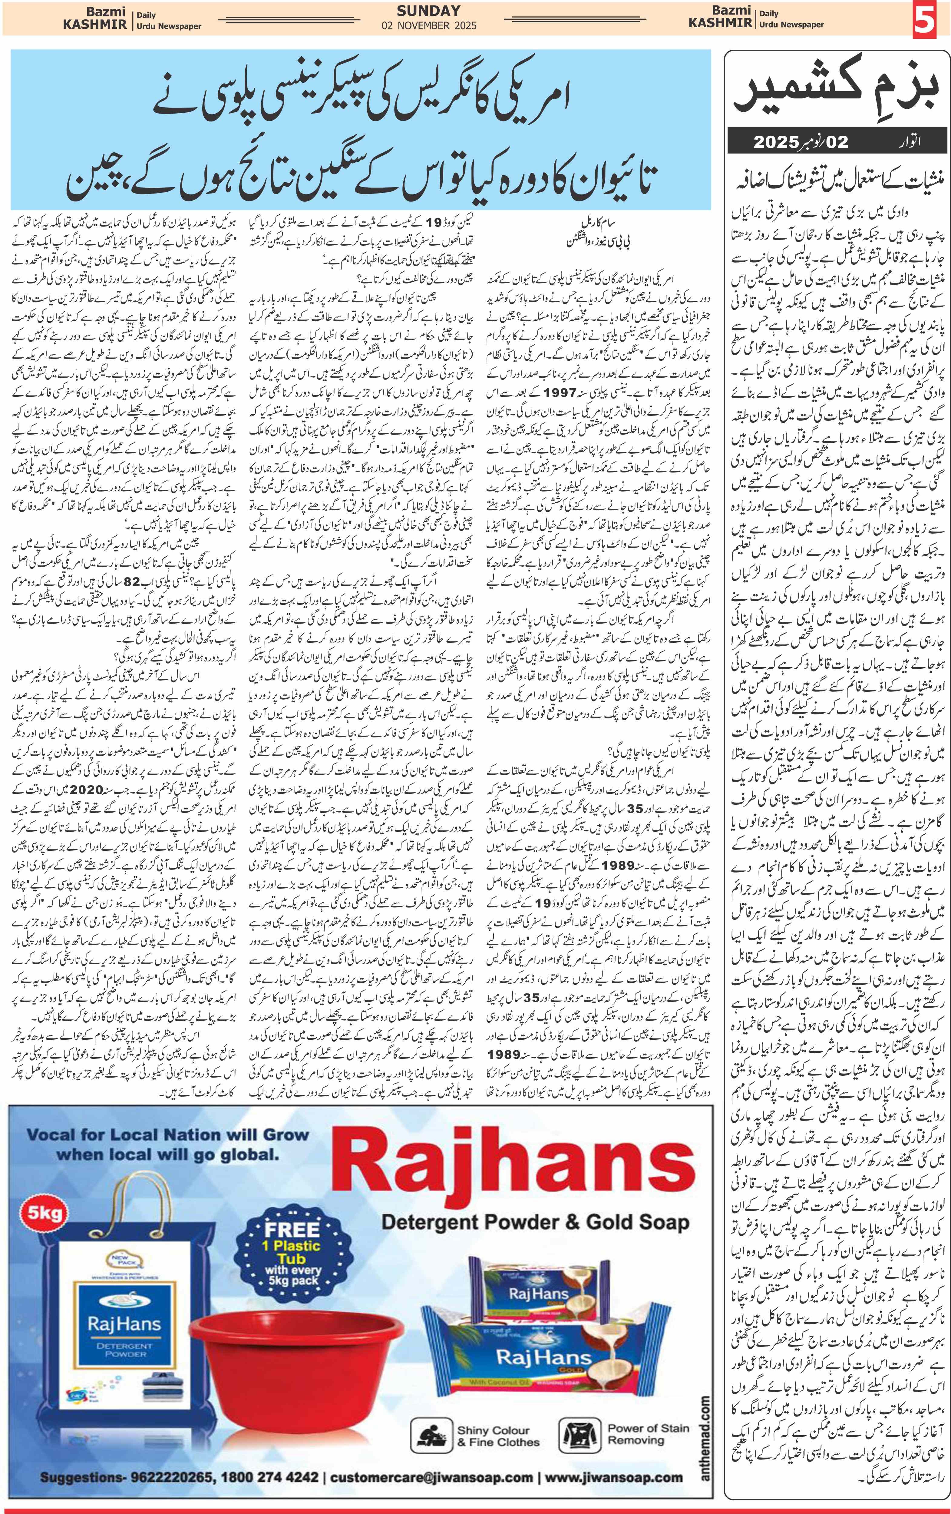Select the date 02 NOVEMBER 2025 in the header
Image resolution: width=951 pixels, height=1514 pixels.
(429, 26)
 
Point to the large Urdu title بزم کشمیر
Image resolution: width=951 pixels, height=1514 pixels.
(836, 90)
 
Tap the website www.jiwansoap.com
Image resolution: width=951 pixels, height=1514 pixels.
(613, 1477)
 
